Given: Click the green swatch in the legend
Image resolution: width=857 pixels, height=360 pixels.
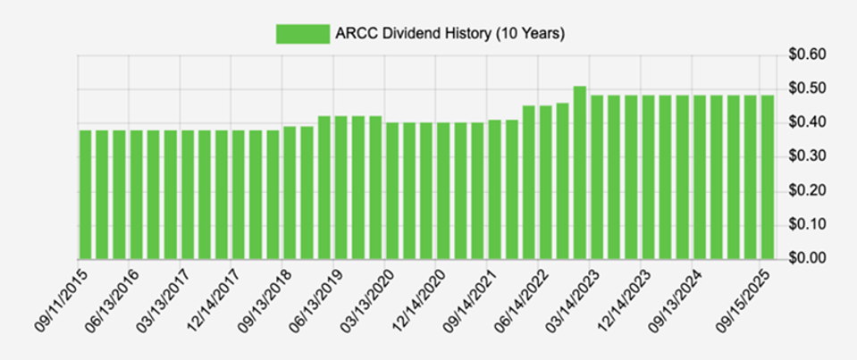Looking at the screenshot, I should pyautogui.click(x=301, y=33).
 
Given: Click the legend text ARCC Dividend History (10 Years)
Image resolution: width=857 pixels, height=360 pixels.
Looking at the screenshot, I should pyautogui.click(x=450, y=34).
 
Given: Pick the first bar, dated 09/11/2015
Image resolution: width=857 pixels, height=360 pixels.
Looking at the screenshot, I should pyautogui.click(x=86, y=195).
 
